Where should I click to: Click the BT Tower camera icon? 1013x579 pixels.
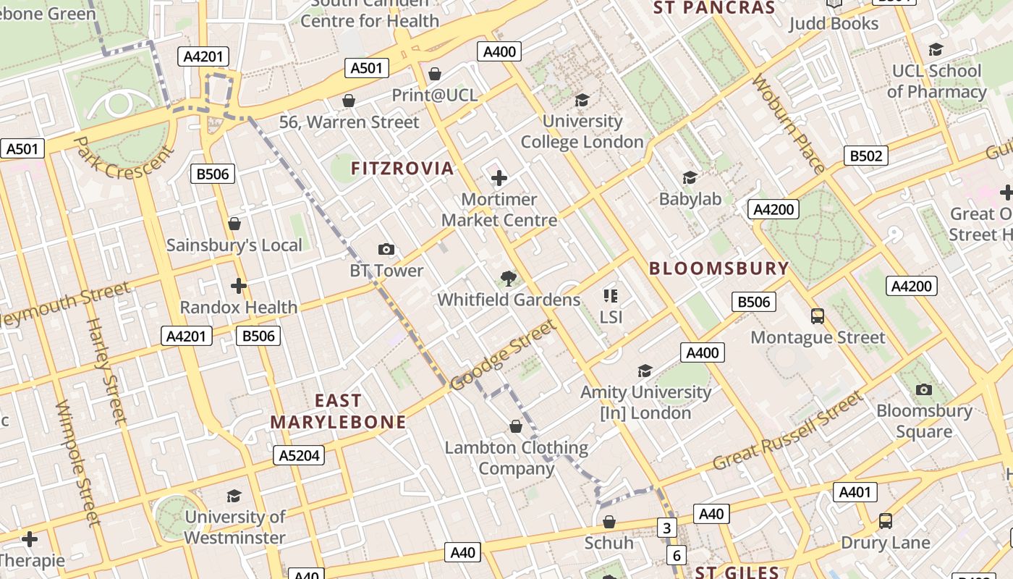click(x=386, y=250)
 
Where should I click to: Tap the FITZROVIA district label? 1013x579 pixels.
click(x=402, y=169)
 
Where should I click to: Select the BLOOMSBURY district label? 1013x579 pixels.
click(x=719, y=269)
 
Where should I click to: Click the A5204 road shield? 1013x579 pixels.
click(x=299, y=455)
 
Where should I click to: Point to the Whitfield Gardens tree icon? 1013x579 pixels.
click(x=509, y=279)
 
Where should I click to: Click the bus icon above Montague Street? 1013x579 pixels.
click(x=818, y=316)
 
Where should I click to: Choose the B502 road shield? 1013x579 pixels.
click(x=865, y=156)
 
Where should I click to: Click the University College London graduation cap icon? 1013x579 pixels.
click(x=582, y=100)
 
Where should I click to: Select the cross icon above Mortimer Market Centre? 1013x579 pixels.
click(x=499, y=177)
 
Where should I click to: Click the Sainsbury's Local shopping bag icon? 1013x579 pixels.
click(x=234, y=224)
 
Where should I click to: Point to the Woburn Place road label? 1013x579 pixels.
click(x=789, y=124)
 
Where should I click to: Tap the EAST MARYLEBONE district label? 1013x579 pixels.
click(x=338, y=411)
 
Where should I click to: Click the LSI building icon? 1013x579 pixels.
click(x=610, y=295)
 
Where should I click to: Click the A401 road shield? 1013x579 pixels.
click(x=855, y=492)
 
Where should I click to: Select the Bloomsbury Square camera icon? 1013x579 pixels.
click(x=923, y=390)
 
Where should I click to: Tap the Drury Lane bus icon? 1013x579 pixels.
click(x=885, y=521)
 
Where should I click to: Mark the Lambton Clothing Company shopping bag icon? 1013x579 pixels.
click(x=516, y=426)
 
